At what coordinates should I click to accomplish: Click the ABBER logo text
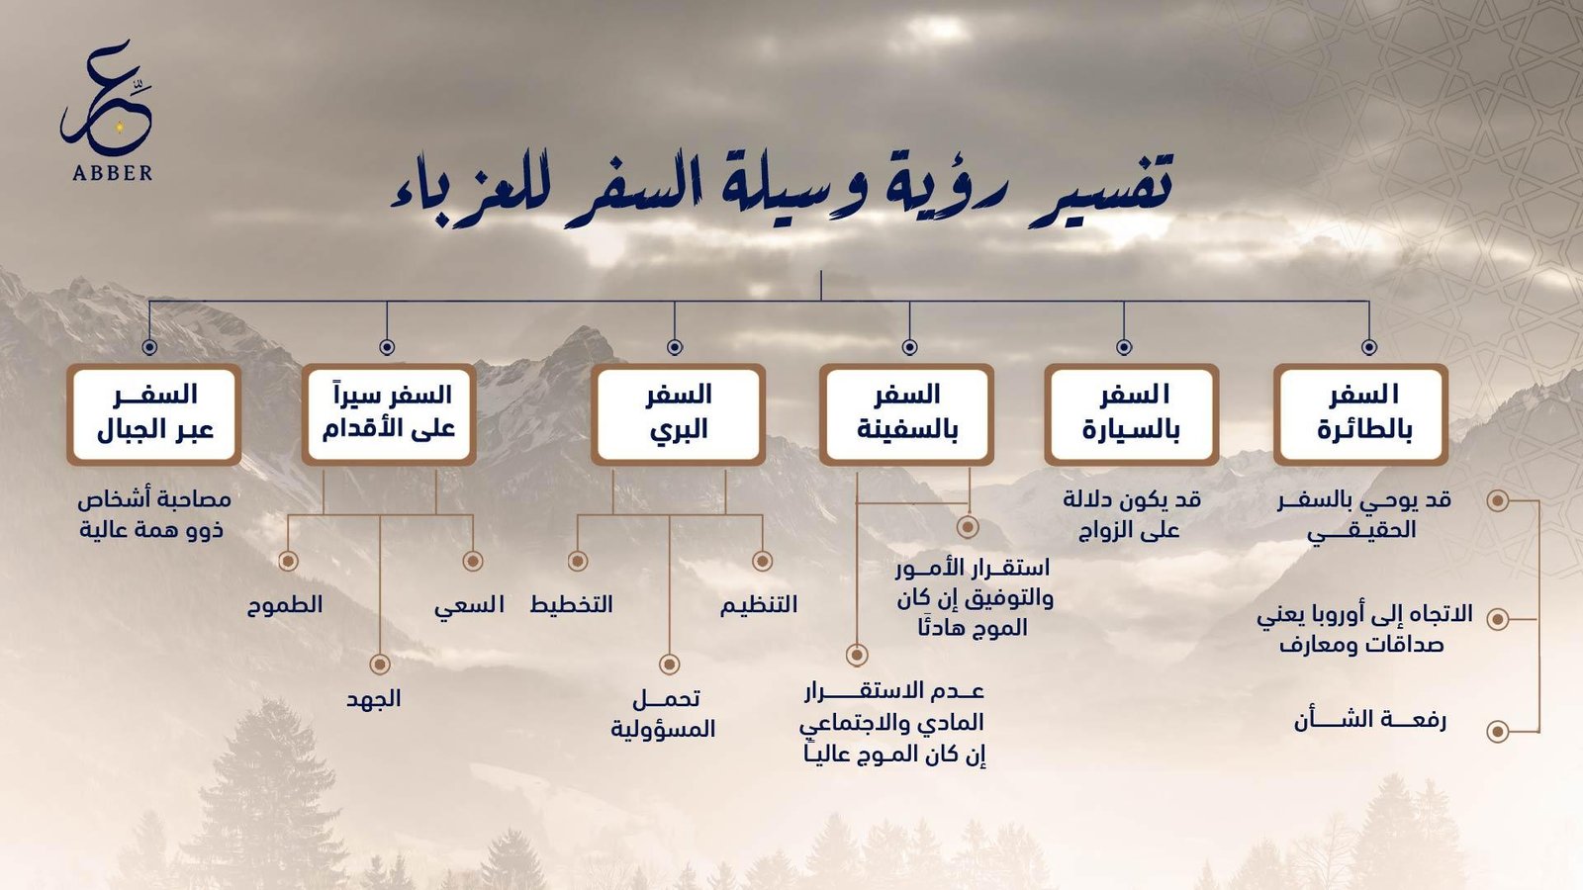pyautogui.click(x=113, y=173)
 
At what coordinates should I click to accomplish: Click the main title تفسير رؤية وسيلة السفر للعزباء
pyautogui.click(x=782, y=188)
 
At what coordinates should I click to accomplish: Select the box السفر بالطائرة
pyautogui.click(x=1361, y=414)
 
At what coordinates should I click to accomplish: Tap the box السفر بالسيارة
pyautogui.click(x=1132, y=414)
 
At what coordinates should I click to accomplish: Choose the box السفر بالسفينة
pyautogui.click(x=906, y=414)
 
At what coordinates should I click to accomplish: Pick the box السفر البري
pyautogui.click(x=679, y=414)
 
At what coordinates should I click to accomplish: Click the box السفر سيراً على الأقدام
pyautogui.click(x=389, y=414)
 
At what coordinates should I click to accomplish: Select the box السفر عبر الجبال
pyautogui.click(x=154, y=414)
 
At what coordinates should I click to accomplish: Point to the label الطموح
pyautogui.click(x=285, y=605)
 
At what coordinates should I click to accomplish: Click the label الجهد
pyautogui.click(x=374, y=699)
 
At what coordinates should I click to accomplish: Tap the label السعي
pyautogui.click(x=469, y=605)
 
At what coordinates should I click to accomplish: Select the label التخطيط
pyautogui.click(x=572, y=604)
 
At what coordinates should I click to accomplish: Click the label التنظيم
pyautogui.click(x=759, y=604)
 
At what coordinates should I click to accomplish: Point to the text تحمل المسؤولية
pyautogui.click(x=664, y=714)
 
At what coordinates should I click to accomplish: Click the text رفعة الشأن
pyautogui.click(x=1370, y=721)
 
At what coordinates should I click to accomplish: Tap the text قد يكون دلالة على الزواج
pyautogui.click(x=1132, y=515)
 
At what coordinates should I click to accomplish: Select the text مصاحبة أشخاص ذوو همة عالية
pyautogui.click(x=154, y=515)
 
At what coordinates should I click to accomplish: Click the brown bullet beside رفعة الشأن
pyautogui.click(x=1498, y=731)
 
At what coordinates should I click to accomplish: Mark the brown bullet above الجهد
pyautogui.click(x=380, y=664)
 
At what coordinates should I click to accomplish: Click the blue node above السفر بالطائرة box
pyautogui.click(x=1369, y=347)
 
